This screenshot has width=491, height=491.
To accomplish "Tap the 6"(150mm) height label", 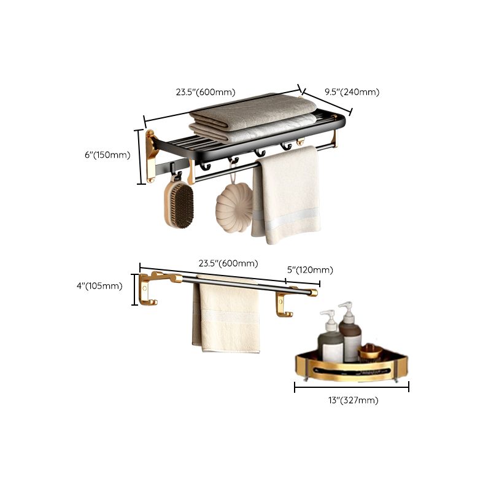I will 107,155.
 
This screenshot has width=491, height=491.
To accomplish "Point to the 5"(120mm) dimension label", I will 310,270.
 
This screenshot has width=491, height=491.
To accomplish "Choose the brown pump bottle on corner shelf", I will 350,334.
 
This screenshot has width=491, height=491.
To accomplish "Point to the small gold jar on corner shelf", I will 370,352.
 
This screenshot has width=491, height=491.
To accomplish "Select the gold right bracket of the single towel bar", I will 284,305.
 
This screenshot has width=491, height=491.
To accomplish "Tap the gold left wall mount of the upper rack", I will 151,156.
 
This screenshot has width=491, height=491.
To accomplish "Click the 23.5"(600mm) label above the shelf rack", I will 206,93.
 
